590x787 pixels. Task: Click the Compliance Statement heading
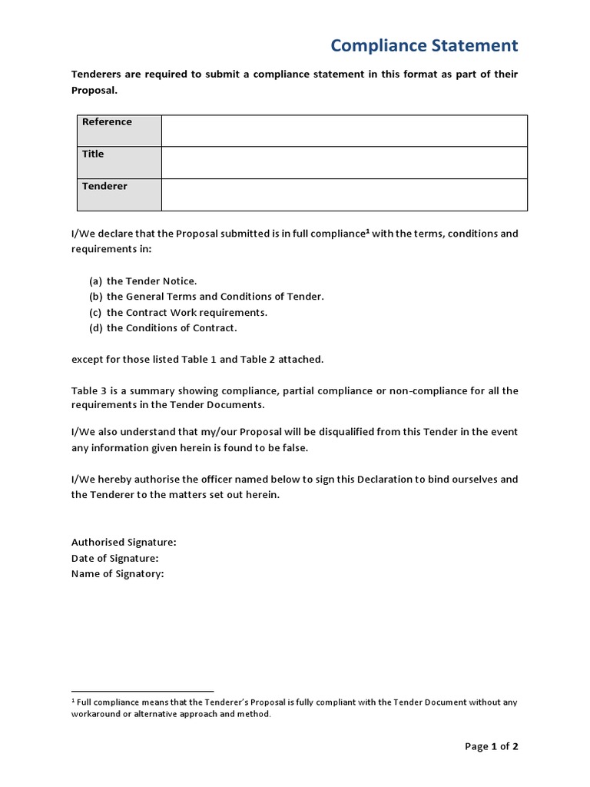pyautogui.click(x=424, y=45)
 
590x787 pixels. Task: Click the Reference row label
pyautogui.click(x=107, y=122)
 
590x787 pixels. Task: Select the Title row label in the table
pyautogui.click(x=93, y=154)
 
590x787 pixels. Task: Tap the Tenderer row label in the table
pyautogui.click(x=104, y=187)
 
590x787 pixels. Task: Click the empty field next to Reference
pyautogui.click(x=344, y=131)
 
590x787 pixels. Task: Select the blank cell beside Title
pyautogui.click(x=344, y=162)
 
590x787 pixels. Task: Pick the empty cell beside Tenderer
pyautogui.click(x=344, y=194)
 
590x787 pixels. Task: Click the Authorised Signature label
pyautogui.click(x=124, y=543)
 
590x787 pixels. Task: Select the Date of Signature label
pyautogui.click(x=114, y=559)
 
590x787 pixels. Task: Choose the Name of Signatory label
pyautogui.click(x=118, y=574)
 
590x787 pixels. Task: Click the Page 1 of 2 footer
pyautogui.click(x=492, y=746)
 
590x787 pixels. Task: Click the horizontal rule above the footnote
pyautogui.click(x=142, y=692)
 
